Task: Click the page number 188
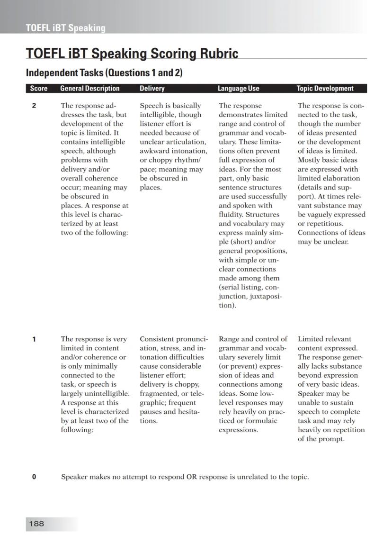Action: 36,524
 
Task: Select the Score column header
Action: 38,89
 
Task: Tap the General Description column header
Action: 90,89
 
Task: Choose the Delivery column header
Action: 152,89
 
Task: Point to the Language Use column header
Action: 238,89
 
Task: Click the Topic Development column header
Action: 325,89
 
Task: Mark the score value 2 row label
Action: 34,106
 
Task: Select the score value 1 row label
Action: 34,339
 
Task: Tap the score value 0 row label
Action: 34,477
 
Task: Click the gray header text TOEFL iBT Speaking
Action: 65,28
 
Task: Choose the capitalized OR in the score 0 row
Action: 192,477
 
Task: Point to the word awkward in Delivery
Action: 154,151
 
